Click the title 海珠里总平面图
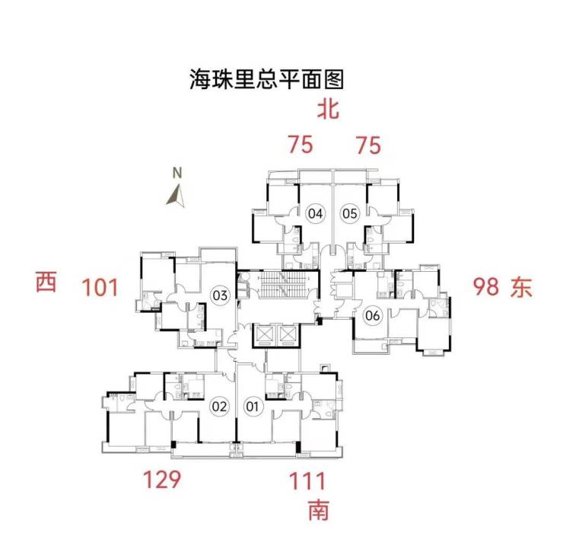tap(267, 78)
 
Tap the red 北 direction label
tap(328, 111)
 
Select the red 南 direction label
tap(320, 509)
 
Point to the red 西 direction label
tap(46, 283)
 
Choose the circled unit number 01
tap(253, 407)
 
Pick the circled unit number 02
tap(219, 407)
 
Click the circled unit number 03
tap(220, 295)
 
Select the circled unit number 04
tap(315, 214)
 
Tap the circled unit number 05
tap(349, 214)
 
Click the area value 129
tap(162, 480)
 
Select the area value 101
tap(101, 288)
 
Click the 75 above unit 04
tap(301, 144)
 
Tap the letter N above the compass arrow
tap(177, 173)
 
